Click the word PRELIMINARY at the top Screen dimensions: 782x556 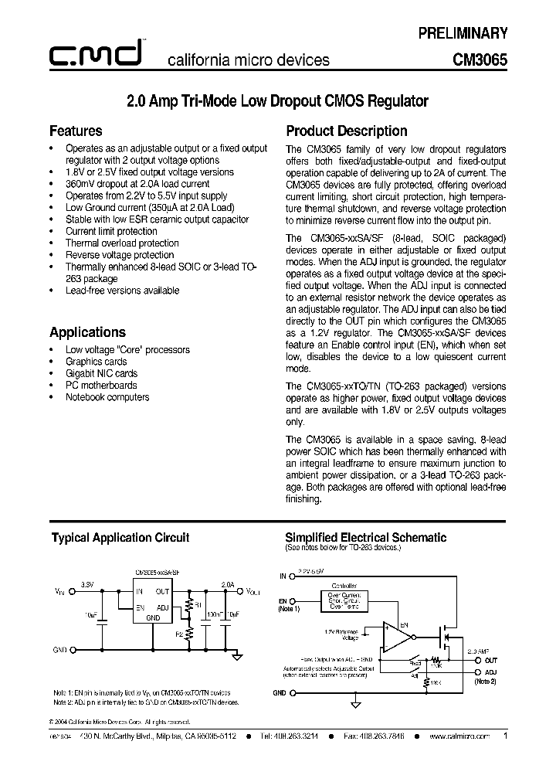(x=463, y=32)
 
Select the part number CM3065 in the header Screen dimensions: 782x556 (x=480, y=59)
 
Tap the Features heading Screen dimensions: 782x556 (x=76, y=131)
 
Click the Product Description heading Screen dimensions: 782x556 (x=346, y=131)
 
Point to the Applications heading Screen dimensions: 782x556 (x=87, y=332)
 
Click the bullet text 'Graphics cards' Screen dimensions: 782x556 (x=97, y=362)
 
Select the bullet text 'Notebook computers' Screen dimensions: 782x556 (x=107, y=397)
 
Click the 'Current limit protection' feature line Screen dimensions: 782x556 (x=111, y=231)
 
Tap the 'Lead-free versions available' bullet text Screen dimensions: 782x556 (x=122, y=291)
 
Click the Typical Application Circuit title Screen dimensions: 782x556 (x=120, y=538)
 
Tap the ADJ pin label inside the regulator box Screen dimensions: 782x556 (x=161, y=608)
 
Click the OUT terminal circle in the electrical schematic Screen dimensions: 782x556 (x=473, y=659)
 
